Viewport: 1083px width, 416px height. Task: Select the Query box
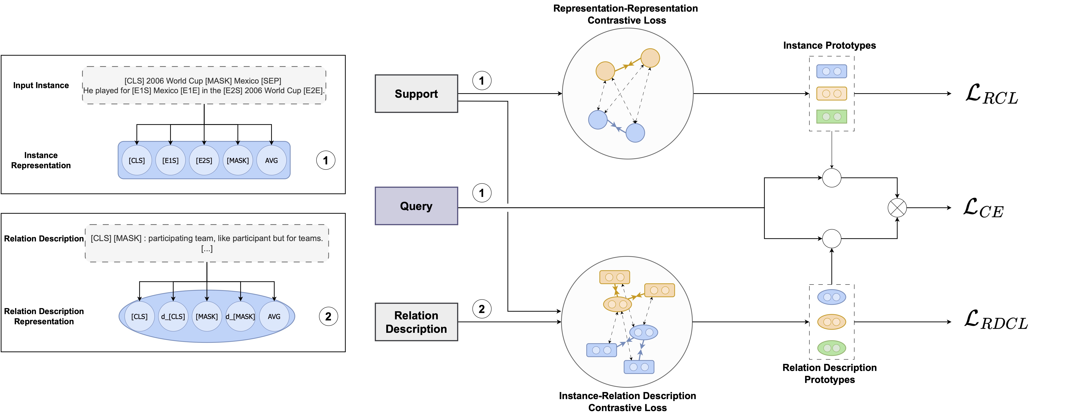point(416,206)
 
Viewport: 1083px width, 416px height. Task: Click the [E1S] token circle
point(170,160)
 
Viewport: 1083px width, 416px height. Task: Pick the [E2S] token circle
point(204,160)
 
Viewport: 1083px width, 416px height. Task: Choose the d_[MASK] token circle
point(240,316)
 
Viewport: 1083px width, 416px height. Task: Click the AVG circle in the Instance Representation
point(271,160)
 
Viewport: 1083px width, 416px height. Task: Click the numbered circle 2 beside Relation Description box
point(482,309)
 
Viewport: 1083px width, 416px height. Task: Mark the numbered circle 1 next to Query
point(482,193)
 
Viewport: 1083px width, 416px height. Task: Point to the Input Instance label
point(41,85)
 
